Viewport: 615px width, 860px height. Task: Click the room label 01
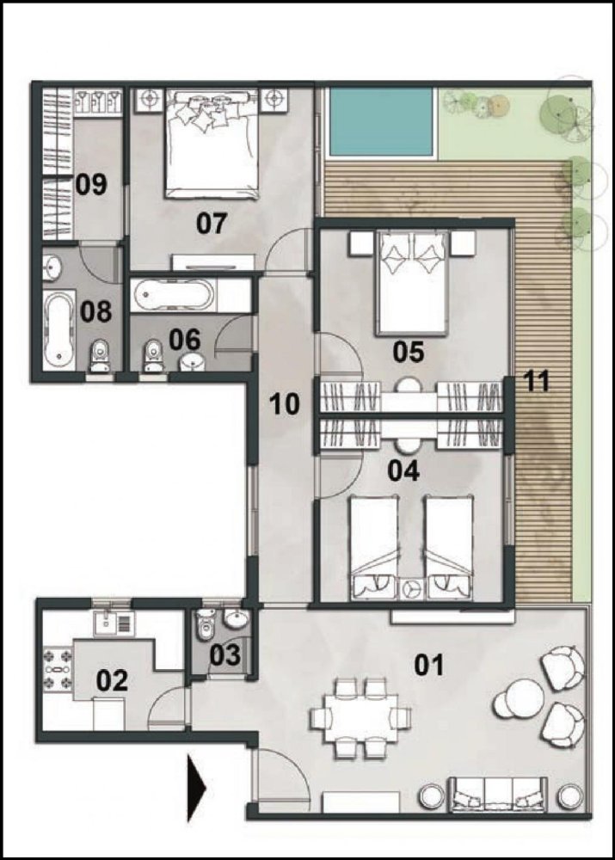pos(429,665)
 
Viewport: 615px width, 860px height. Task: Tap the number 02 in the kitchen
pos(112,681)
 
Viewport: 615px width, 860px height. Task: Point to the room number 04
pos(403,470)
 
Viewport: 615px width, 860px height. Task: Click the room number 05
pos(407,351)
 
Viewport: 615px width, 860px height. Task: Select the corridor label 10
pos(284,403)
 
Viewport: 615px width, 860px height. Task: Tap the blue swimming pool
pos(380,121)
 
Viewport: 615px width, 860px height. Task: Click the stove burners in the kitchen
pos(57,671)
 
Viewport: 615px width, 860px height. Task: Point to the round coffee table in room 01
pos(520,697)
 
